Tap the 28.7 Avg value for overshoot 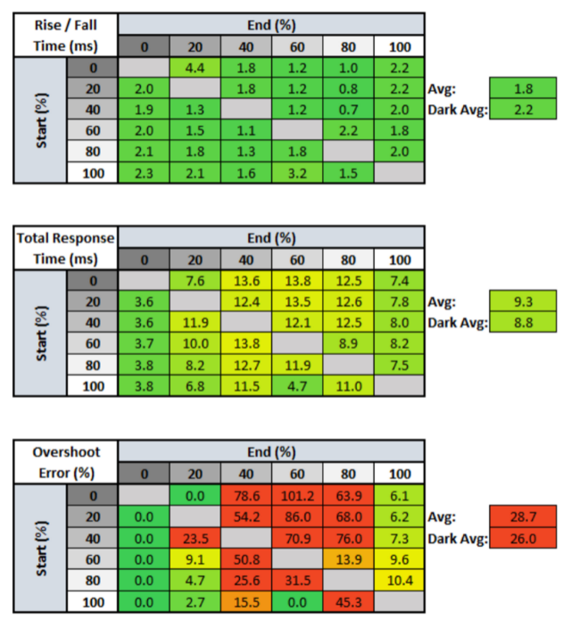pyautogui.click(x=522, y=517)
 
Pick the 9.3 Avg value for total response pyautogui.click(x=522, y=301)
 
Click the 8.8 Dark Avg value pyautogui.click(x=522, y=322)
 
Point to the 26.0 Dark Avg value pyautogui.click(x=522, y=539)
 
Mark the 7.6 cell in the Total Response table pyautogui.click(x=195, y=281)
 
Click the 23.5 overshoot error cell pyautogui.click(x=195, y=539)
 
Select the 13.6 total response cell pyautogui.click(x=246, y=281)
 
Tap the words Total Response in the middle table pyautogui.click(x=64, y=237)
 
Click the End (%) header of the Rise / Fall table pyautogui.click(x=271, y=24)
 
